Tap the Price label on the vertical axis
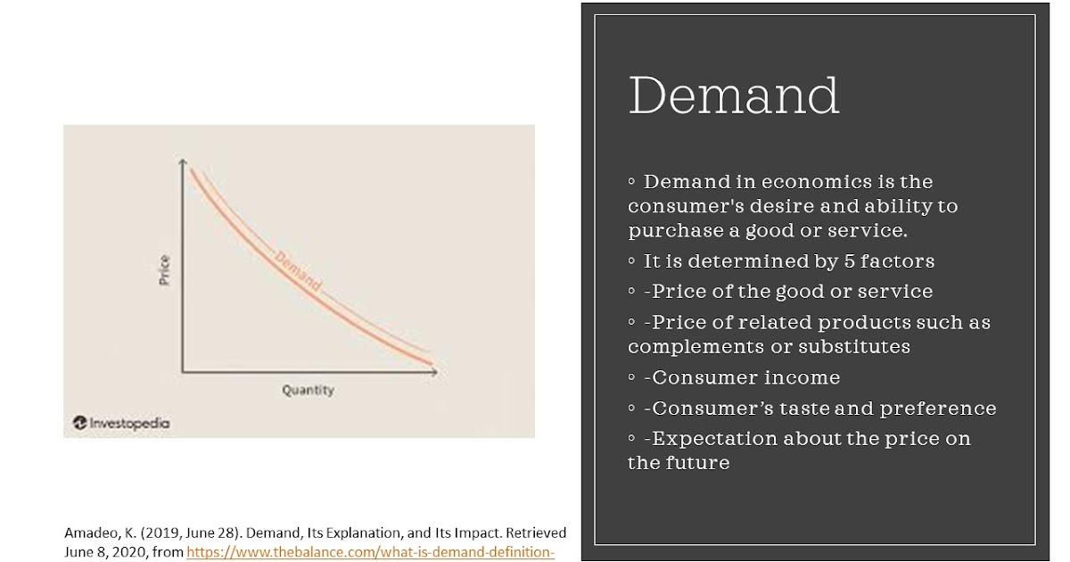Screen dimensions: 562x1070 [x=164, y=269]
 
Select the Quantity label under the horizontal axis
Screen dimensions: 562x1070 [x=308, y=390]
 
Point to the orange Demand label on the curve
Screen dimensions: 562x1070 [x=298, y=270]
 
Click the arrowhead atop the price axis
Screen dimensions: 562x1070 [x=183, y=163]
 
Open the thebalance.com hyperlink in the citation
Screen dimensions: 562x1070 [x=370, y=551]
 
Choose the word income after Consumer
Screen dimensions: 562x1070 [x=802, y=377]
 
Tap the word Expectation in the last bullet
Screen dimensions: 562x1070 [x=714, y=439]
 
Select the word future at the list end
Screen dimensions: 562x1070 [x=696, y=463]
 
